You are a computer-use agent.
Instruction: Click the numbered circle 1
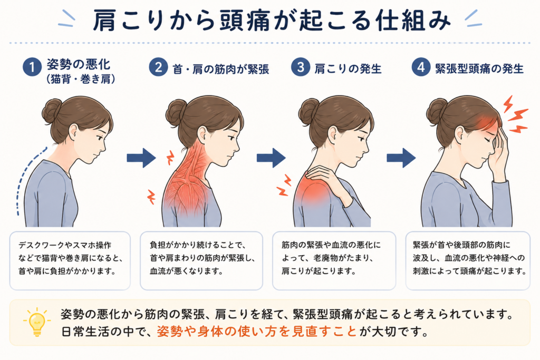click(x=32, y=67)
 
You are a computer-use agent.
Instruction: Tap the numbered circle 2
click(x=158, y=67)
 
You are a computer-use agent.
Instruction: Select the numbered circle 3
click(x=300, y=67)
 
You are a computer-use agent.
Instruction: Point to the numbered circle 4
click(x=421, y=67)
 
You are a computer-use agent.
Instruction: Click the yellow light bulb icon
click(x=37, y=322)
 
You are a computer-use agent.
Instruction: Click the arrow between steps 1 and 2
click(x=141, y=158)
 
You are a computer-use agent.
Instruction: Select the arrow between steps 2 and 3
click(x=271, y=158)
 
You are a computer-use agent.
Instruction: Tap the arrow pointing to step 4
click(x=401, y=158)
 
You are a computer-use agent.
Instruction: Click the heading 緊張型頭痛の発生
click(x=479, y=69)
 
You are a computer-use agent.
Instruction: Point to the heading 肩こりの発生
click(x=348, y=69)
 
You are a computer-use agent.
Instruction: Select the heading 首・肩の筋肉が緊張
click(x=221, y=69)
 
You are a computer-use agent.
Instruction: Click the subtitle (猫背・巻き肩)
click(x=81, y=79)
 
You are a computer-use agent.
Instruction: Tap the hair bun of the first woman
click(x=52, y=111)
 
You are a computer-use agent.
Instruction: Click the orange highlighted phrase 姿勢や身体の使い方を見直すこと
click(x=257, y=332)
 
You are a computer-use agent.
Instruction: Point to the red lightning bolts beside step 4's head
click(x=515, y=114)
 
